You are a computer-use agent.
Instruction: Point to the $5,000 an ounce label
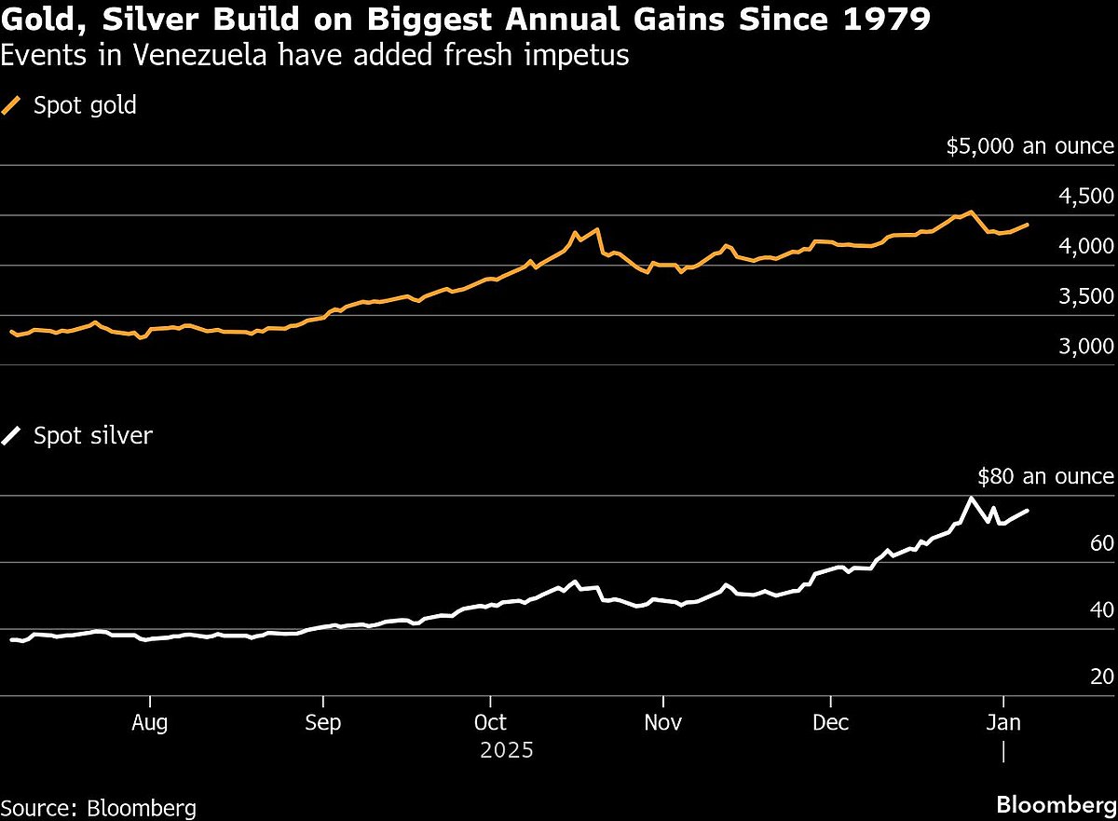coord(1029,146)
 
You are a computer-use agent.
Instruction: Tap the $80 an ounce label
coord(1045,477)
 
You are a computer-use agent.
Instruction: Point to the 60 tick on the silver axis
coord(1101,544)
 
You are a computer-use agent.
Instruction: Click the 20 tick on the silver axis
coord(1101,677)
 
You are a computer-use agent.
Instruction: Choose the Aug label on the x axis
coord(149,723)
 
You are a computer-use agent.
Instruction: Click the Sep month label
coord(322,723)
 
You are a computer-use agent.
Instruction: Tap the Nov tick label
coord(662,723)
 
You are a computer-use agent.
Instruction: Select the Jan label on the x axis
coord(1003,723)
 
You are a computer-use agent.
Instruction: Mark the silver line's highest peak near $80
coord(972,498)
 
